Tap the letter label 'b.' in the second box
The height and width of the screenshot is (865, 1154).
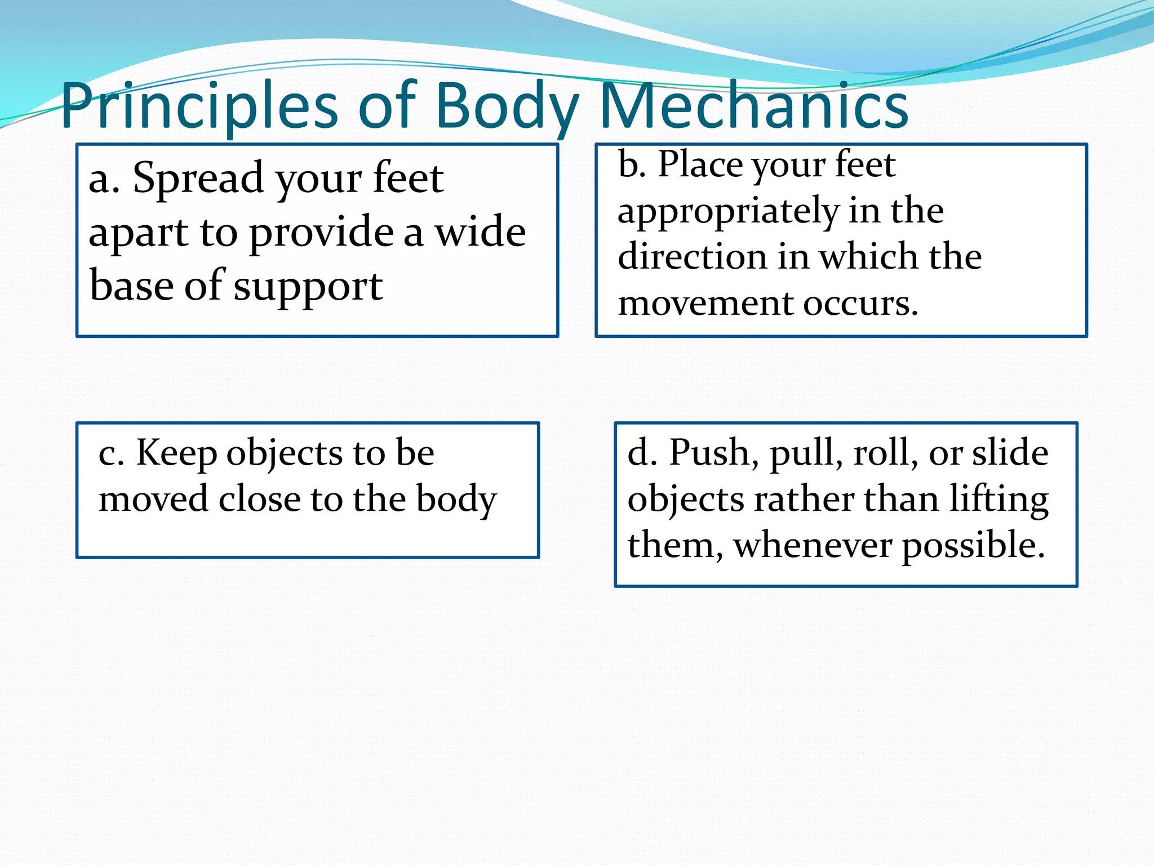[x=632, y=164]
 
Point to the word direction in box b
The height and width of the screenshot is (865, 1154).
[x=693, y=257]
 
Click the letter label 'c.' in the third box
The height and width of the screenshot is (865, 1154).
[x=111, y=454]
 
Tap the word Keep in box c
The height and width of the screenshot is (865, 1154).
[x=176, y=454]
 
